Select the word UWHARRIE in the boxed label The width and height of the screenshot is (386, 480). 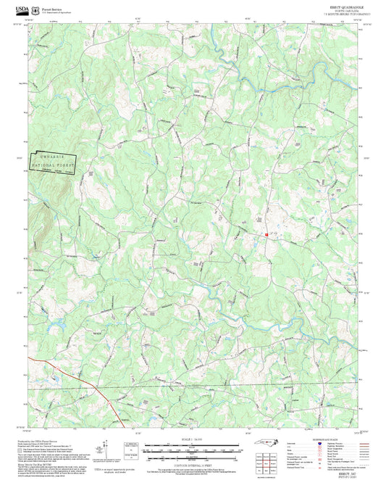[x=53, y=158]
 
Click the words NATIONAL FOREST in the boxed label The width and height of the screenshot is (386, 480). [x=53, y=167]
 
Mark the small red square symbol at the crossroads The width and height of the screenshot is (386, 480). [x=267, y=234]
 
